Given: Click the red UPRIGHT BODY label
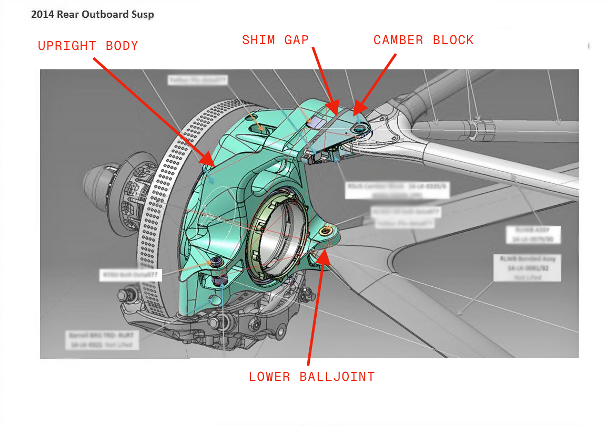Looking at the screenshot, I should (88, 46).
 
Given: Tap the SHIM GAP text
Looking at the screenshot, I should (275, 40).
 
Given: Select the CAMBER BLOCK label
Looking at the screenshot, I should (424, 40).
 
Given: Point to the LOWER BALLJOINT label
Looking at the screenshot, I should (311, 377).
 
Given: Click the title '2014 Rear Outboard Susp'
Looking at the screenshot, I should (92, 15).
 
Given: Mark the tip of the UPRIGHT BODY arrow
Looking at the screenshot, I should (214, 164).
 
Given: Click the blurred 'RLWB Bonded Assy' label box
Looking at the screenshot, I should (527, 267).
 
